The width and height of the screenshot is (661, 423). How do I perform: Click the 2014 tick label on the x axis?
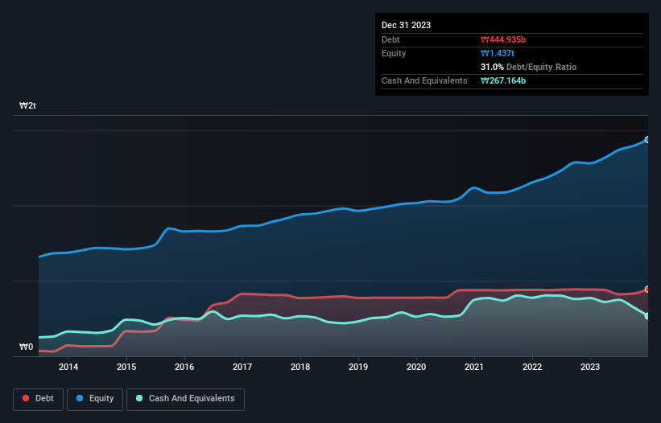pyautogui.click(x=68, y=367)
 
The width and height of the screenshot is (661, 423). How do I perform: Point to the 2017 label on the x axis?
pyautogui.click(x=242, y=367)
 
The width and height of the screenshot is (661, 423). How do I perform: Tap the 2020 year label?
pyautogui.click(x=416, y=367)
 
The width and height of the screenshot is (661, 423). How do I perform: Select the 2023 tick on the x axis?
pyautogui.click(x=590, y=367)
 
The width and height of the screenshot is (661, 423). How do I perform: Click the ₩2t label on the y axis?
pyautogui.click(x=27, y=106)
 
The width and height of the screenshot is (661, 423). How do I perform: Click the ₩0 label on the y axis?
pyautogui.click(x=27, y=347)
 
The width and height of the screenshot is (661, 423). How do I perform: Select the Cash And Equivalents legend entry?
pyautogui.click(x=185, y=398)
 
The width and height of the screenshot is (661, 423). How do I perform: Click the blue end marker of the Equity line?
pyautogui.click(x=647, y=140)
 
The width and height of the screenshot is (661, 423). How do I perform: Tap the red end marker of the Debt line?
pyautogui.click(x=647, y=289)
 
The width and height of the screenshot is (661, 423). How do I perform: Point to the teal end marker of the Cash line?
pyautogui.click(x=647, y=316)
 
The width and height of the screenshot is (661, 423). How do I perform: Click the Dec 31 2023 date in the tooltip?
pyautogui.click(x=406, y=25)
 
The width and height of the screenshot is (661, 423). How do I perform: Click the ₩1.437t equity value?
pyautogui.click(x=497, y=53)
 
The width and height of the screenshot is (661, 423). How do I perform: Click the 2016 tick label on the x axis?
pyautogui.click(x=184, y=367)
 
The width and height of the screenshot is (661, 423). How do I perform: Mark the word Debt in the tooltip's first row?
pyautogui.click(x=391, y=39)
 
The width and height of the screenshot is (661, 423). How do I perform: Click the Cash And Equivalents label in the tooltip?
pyautogui.click(x=424, y=80)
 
